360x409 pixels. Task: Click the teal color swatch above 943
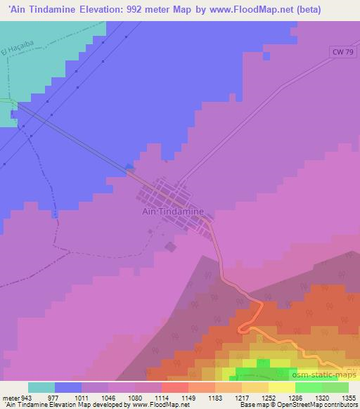click(x=41, y=387)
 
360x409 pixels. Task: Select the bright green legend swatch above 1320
click(x=309, y=387)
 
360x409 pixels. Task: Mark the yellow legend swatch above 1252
click(x=257, y=387)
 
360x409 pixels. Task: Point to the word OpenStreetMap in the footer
click(x=319, y=404)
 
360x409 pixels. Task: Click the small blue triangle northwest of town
click(x=129, y=167)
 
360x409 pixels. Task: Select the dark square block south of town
click(x=171, y=246)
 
